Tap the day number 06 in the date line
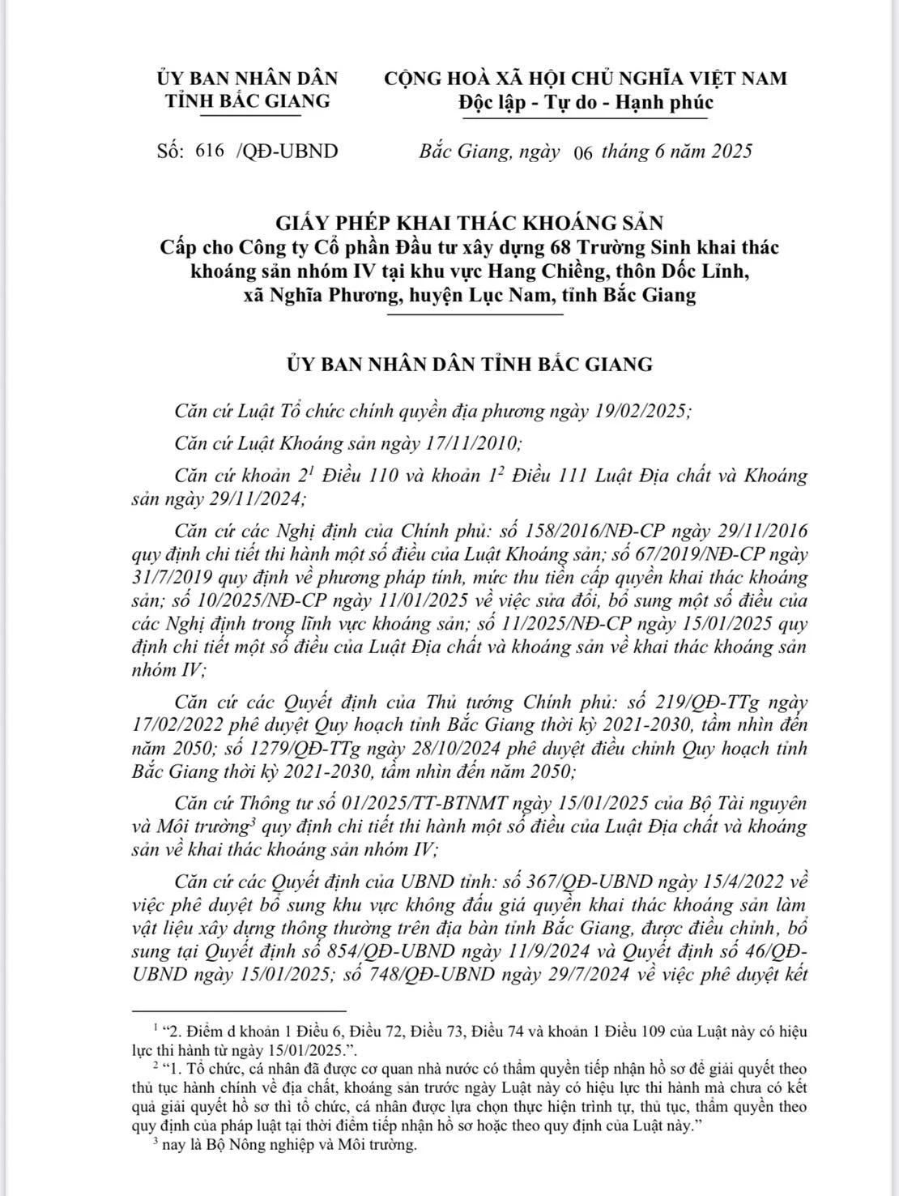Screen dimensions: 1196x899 [582, 152]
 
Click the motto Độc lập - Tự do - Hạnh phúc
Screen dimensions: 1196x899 [585, 102]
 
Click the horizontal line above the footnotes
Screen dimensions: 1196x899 [239, 1011]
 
